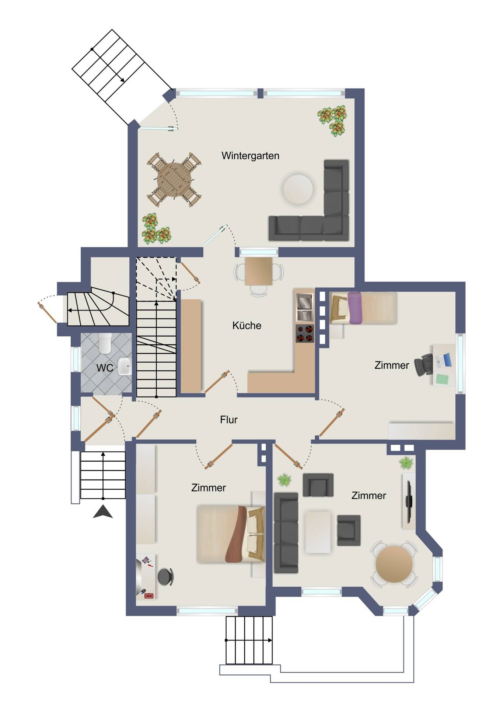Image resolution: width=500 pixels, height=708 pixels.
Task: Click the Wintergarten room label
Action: [250, 156]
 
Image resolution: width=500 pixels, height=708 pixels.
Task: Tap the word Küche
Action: [246, 325]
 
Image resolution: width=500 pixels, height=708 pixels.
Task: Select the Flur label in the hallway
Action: [228, 420]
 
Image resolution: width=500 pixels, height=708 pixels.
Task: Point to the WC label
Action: [105, 368]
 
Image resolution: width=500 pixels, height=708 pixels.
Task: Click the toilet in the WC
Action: [105, 343]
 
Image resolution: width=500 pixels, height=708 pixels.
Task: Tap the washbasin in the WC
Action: [125, 366]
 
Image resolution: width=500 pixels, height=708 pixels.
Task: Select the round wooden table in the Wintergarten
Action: [174, 180]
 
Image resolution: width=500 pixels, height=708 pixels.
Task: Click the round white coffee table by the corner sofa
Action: [298, 189]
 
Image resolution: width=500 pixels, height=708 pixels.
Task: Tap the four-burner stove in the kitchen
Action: [305, 333]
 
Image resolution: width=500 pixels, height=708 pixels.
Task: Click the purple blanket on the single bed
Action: [354, 308]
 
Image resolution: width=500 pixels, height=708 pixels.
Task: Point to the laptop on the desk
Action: [444, 360]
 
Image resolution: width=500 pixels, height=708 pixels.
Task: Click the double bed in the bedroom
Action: [230, 534]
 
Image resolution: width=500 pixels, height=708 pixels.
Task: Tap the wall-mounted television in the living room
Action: [409, 501]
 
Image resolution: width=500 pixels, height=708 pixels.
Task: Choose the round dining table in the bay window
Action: [394, 564]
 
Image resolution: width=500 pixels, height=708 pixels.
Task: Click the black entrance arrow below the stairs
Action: [103, 512]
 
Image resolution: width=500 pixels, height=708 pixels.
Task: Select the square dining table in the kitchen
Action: [259, 271]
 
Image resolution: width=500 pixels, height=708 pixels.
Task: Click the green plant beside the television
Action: [406, 463]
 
